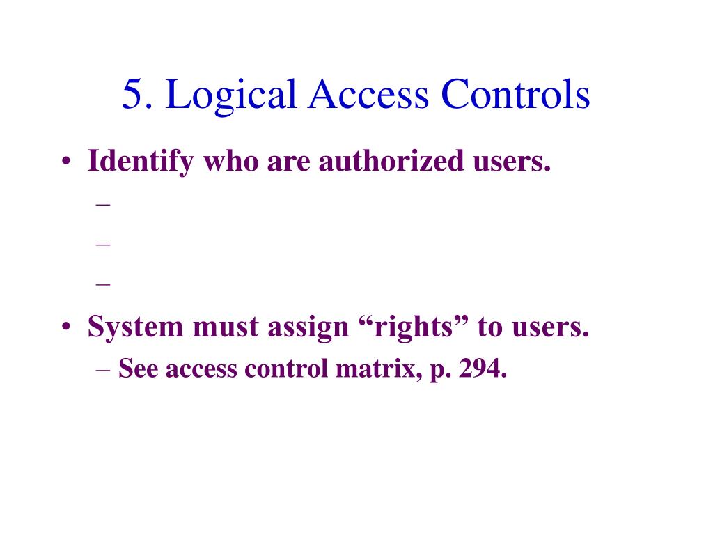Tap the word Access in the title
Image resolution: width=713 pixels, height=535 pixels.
click(x=369, y=95)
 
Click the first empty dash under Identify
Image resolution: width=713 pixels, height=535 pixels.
click(x=104, y=205)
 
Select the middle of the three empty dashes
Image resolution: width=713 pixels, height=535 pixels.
click(x=104, y=244)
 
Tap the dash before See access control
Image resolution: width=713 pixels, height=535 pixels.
click(x=104, y=369)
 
